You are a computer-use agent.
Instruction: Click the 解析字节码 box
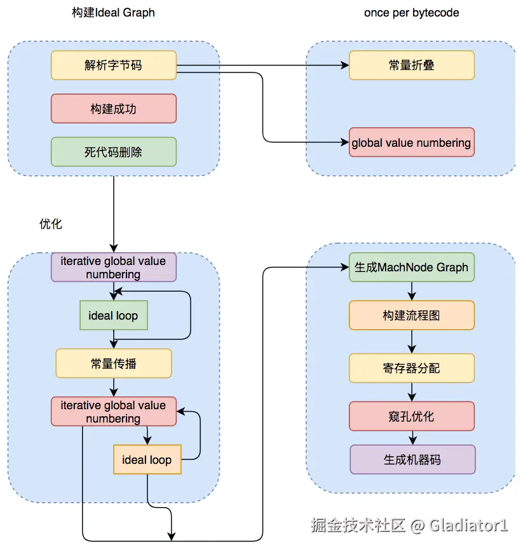[113, 65]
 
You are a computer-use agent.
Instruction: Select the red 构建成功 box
[113, 109]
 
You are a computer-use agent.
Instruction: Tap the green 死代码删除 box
[113, 152]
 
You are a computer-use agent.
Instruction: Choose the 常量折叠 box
[412, 65]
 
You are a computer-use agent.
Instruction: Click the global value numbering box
[412, 142]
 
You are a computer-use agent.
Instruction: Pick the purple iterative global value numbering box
[113, 267]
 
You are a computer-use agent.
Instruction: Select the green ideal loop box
[113, 315]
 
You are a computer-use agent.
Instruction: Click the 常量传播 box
[113, 363]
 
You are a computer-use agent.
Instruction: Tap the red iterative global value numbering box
[113, 411]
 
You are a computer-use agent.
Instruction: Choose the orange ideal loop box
[147, 459]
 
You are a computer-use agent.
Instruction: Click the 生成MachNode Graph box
[412, 267]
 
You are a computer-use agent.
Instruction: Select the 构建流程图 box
[412, 315]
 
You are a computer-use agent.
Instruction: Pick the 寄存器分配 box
[412, 368]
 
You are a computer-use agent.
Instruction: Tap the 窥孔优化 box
[412, 416]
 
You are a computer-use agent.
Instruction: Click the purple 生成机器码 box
[412, 459]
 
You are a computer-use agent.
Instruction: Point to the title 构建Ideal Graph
[113, 13]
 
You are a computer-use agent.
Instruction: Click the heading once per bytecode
[411, 13]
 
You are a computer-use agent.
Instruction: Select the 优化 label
[51, 224]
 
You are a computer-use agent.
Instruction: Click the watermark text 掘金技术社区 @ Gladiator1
[409, 525]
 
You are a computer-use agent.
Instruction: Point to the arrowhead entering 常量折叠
[345, 65]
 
